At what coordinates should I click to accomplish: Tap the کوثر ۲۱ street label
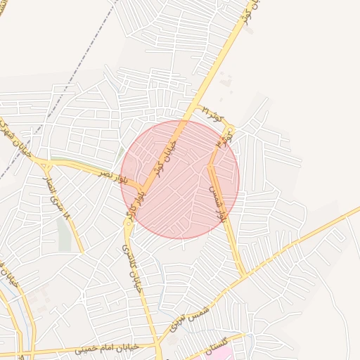[211, 113]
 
